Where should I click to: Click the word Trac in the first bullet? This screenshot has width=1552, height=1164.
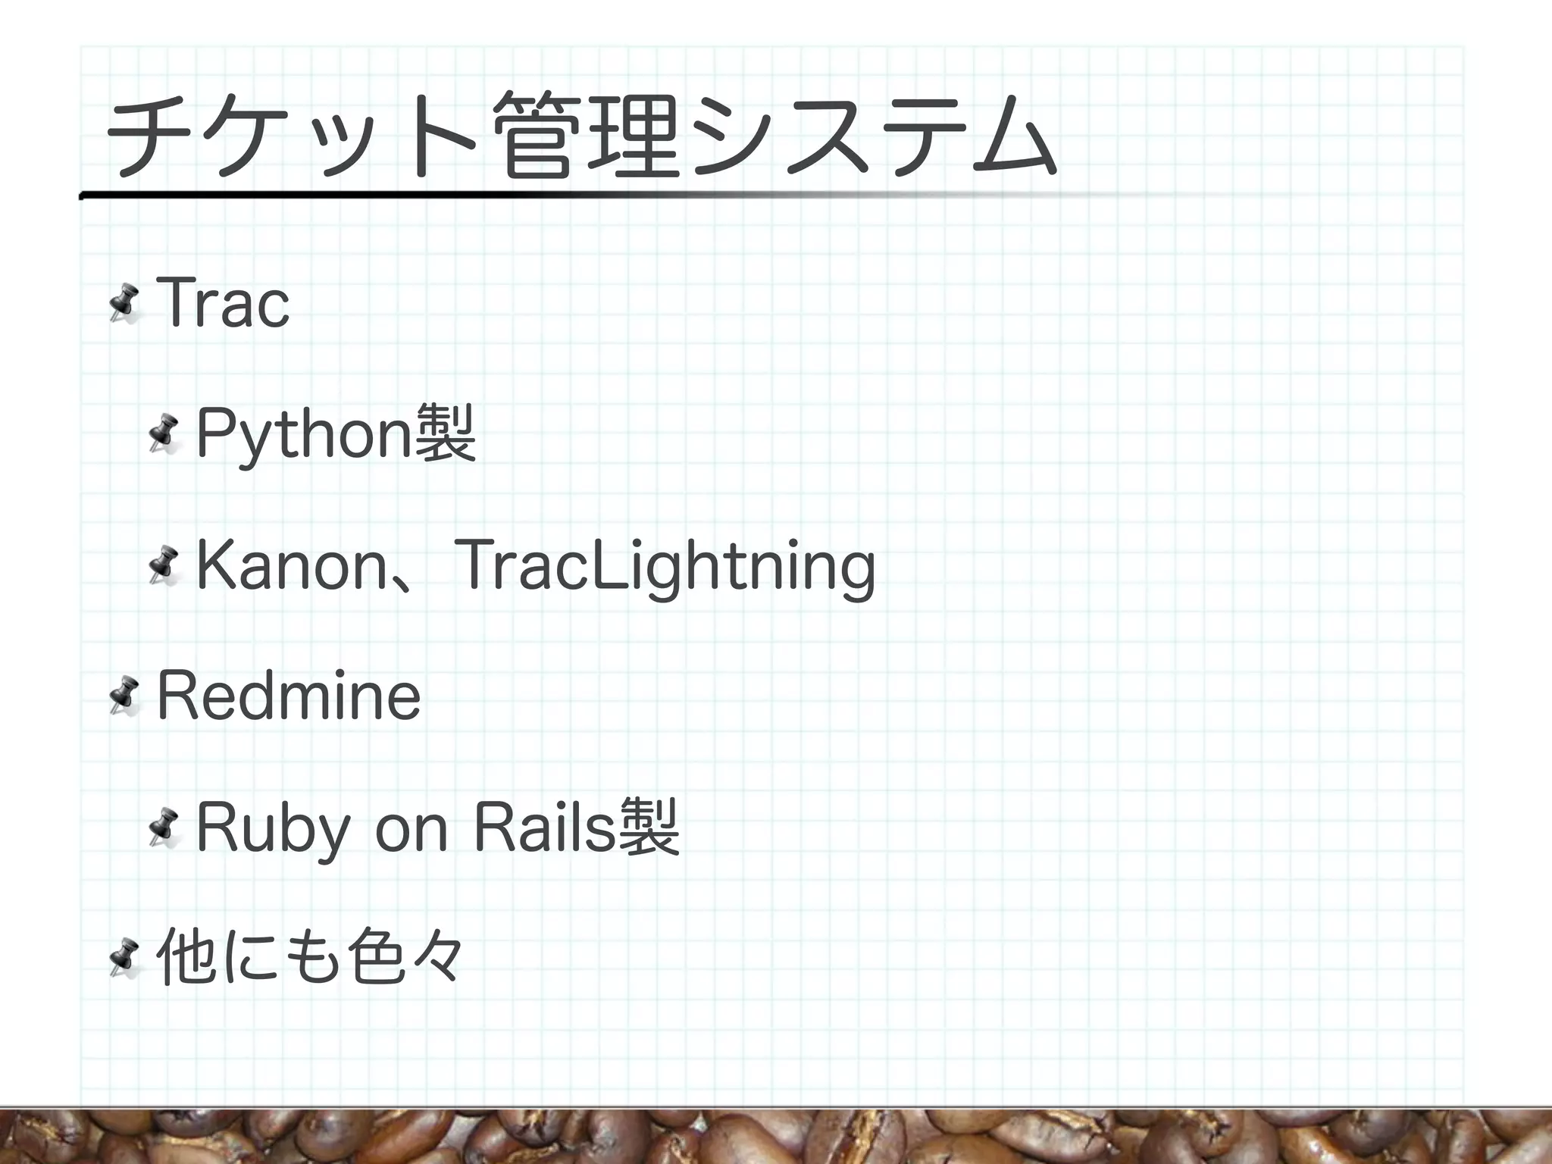pos(223,304)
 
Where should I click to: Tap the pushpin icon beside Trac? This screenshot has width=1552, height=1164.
pos(123,305)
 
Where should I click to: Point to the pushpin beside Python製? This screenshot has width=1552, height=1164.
pos(164,435)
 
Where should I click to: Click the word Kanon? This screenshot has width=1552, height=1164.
pos(292,566)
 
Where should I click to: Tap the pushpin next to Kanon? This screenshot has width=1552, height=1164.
pos(164,566)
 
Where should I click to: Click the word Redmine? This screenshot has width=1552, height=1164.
pos(288,696)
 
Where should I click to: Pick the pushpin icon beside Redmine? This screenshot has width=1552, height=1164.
pos(123,696)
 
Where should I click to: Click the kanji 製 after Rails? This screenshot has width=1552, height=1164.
pos(649,827)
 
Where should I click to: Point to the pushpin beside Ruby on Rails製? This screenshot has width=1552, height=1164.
pos(164,828)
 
